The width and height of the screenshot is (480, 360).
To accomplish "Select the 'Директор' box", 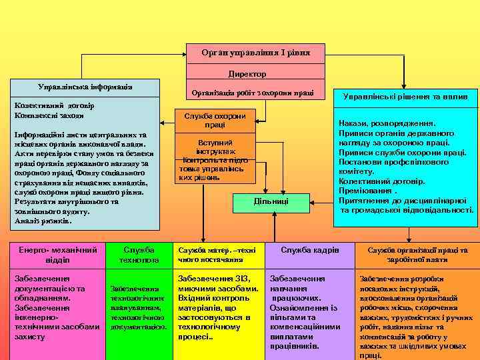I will coord(247,74).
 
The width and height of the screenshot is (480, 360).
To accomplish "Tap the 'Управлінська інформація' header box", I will coord(85,87).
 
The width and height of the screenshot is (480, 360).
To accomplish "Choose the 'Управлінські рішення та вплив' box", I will coord(405,97).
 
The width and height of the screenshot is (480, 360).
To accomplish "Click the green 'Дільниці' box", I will coord(271,201).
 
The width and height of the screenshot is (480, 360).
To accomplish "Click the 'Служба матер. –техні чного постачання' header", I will coord(217,255).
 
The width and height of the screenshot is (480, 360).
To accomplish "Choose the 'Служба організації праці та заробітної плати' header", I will coord(417,255).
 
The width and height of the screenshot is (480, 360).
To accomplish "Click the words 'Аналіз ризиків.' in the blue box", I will coord(43,221).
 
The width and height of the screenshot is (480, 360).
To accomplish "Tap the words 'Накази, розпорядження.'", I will coord(387,123).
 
